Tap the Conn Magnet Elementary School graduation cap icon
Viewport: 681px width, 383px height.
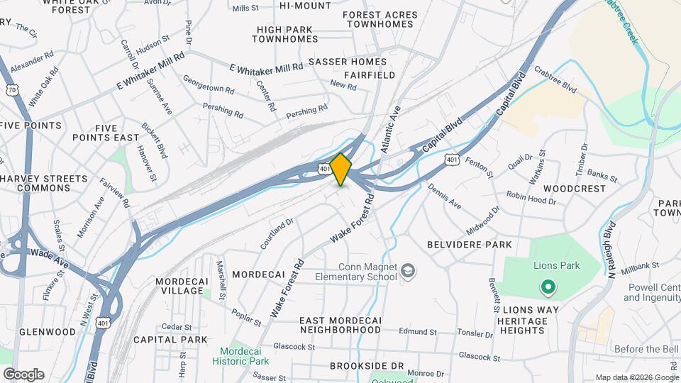[409, 270]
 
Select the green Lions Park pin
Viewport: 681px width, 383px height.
[547, 287]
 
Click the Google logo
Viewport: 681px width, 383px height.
[23, 374]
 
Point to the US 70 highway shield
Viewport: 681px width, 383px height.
[11, 89]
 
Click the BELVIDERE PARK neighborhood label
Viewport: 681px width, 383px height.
[469, 244]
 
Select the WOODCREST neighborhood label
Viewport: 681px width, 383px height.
[575, 189]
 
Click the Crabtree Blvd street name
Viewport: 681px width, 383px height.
[556, 86]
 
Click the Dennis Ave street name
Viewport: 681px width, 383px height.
[444, 197]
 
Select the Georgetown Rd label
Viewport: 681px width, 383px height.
[208, 86]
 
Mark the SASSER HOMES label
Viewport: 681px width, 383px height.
[348, 62]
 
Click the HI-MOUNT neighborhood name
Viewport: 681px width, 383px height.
[305, 6]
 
